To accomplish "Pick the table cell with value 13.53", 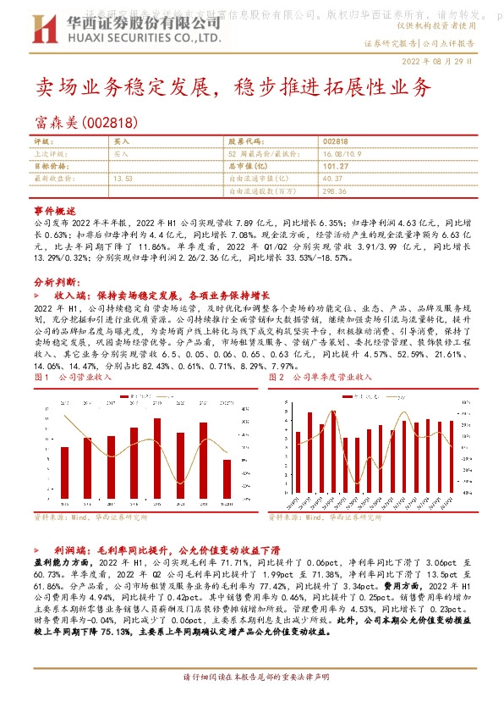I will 123,179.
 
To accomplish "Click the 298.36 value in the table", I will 335,191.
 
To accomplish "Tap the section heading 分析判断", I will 57,280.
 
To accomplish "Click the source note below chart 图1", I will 90,516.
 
